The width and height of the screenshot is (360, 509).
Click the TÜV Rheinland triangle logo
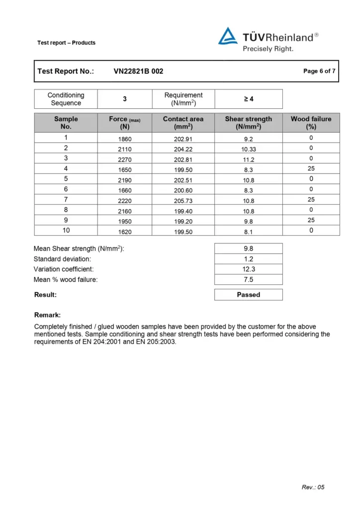tap(228, 36)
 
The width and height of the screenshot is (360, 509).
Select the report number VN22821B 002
tap(138, 71)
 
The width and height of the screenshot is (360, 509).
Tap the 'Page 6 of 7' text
tap(319, 71)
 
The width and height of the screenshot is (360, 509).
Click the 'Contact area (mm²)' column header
tap(183, 123)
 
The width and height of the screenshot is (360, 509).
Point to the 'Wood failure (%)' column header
tap(311, 123)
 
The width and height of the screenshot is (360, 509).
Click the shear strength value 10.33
tap(248, 149)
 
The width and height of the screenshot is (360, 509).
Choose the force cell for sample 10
tap(124, 231)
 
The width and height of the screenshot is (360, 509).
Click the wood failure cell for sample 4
tap(311, 169)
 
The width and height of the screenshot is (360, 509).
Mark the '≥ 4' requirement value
tap(249, 99)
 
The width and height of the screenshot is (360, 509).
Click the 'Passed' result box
tap(248, 295)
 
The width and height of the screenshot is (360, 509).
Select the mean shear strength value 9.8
tap(248, 249)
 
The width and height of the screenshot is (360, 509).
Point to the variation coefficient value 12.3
tap(248, 269)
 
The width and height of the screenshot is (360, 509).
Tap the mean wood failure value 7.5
tap(248, 279)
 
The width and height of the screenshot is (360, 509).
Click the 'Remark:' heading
tap(47, 315)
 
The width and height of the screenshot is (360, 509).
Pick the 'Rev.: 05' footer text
tap(313, 487)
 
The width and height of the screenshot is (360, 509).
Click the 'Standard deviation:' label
tap(62, 259)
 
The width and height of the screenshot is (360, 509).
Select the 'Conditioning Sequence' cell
tap(66, 99)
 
